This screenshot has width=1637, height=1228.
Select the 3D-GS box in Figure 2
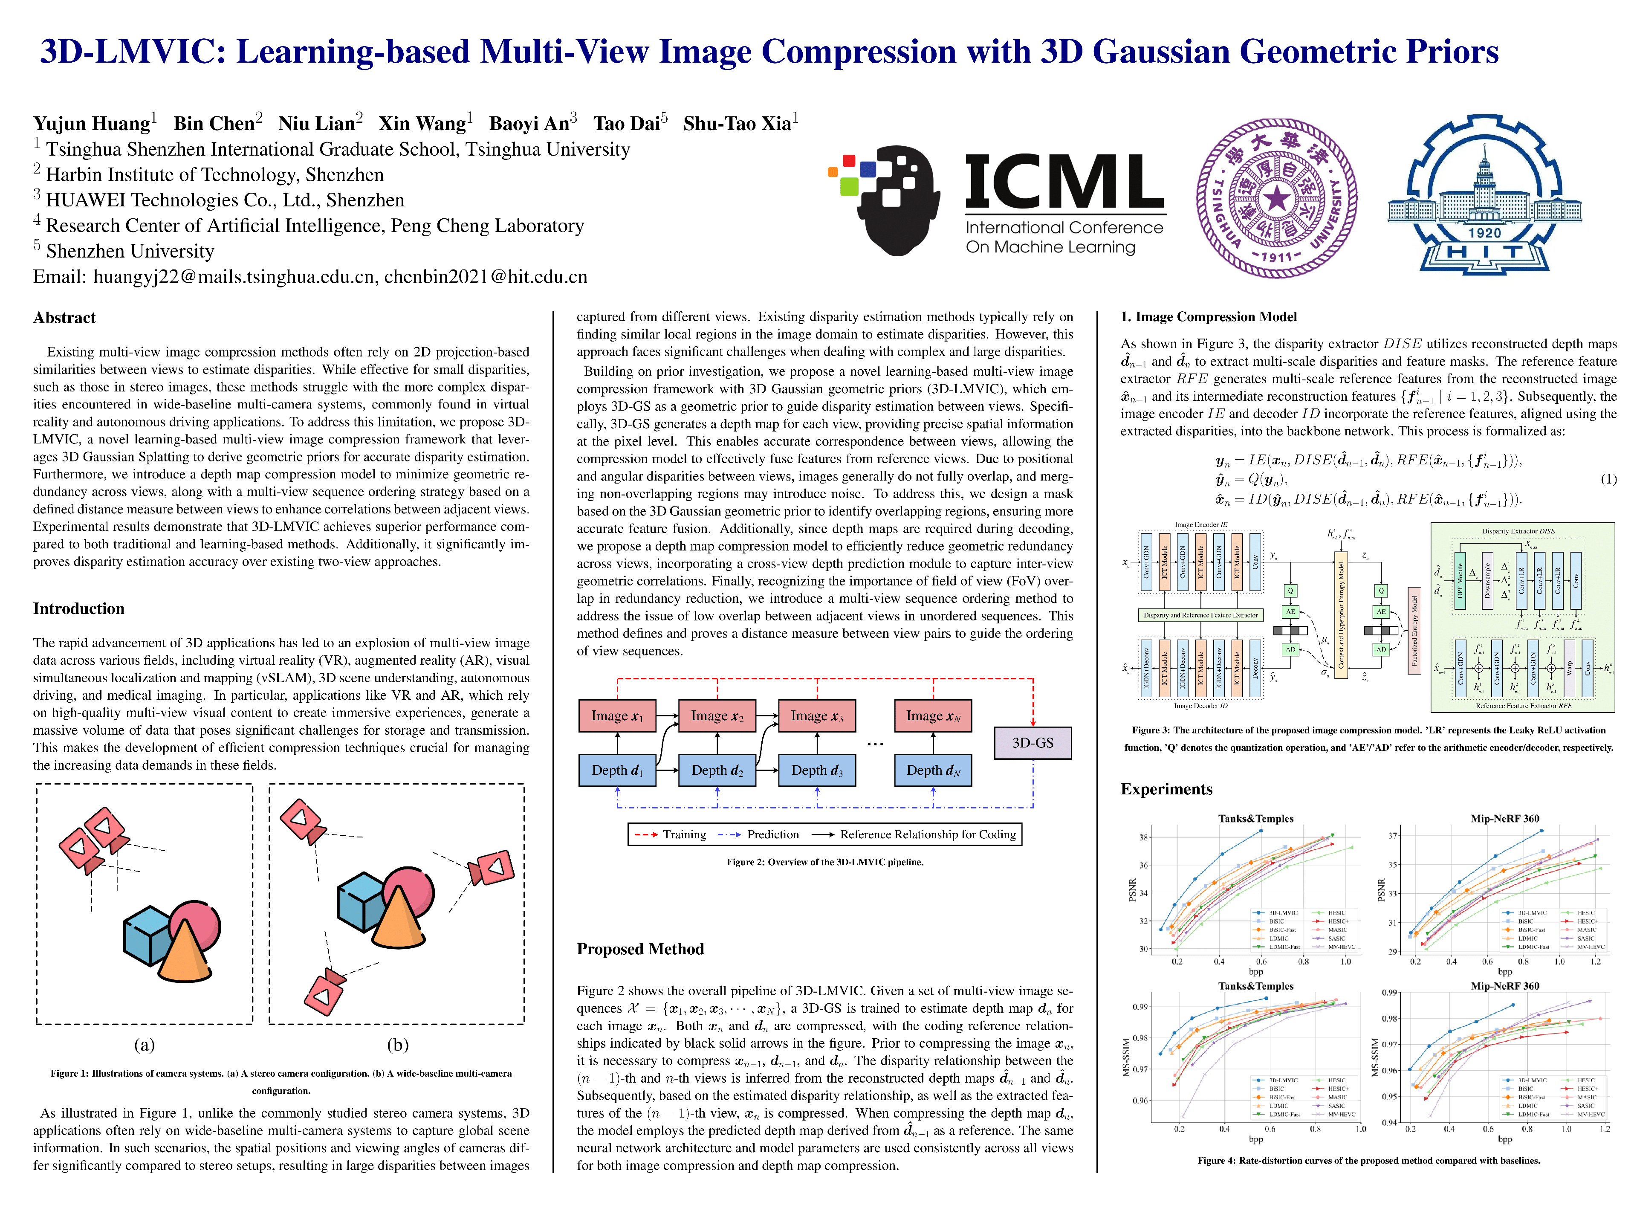click(1033, 742)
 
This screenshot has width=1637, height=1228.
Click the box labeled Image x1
click(617, 716)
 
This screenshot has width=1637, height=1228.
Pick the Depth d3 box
click(817, 770)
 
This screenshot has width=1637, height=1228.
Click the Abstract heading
click(64, 318)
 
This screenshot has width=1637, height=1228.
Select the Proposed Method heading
click(640, 949)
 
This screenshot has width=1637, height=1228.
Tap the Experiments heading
click(1166, 789)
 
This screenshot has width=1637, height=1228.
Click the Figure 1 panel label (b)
click(397, 1044)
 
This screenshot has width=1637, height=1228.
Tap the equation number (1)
click(1608, 479)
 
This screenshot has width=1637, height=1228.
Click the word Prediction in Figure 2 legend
click(772, 834)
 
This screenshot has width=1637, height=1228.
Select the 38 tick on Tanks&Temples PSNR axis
click(1143, 837)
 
